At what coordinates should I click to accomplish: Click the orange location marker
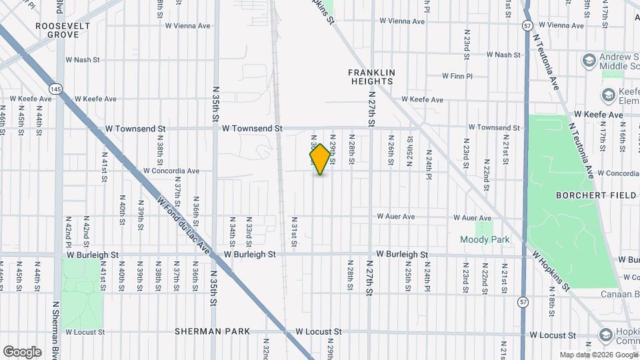pos(320,159)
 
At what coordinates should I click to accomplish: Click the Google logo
pos(22,351)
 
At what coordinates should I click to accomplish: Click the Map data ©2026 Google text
pos(599,355)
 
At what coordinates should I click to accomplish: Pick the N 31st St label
pos(294,231)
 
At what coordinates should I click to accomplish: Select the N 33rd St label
pos(249,230)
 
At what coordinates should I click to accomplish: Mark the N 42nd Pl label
pos(69,231)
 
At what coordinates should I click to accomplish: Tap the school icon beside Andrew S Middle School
pos(589,62)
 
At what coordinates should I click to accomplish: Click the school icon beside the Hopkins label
pos(606,335)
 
